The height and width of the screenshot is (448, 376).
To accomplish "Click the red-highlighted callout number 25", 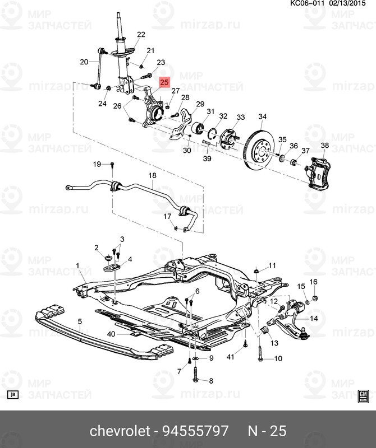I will [x=164, y=82].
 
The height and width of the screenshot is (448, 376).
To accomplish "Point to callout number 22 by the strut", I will [x=140, y=35].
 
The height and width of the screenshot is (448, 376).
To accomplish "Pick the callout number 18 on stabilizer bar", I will [x=152, y=176].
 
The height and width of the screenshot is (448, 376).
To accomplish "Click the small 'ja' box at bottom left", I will [x=12, y=394].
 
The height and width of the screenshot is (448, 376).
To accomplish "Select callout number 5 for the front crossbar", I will [x=80, y=321].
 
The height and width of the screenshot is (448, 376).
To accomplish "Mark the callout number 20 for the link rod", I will [x=84, y=62].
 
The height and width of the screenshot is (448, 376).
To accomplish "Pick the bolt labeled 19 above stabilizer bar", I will [x=112, y=165].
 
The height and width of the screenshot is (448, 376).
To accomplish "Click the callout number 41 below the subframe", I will [x=230, y=357].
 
